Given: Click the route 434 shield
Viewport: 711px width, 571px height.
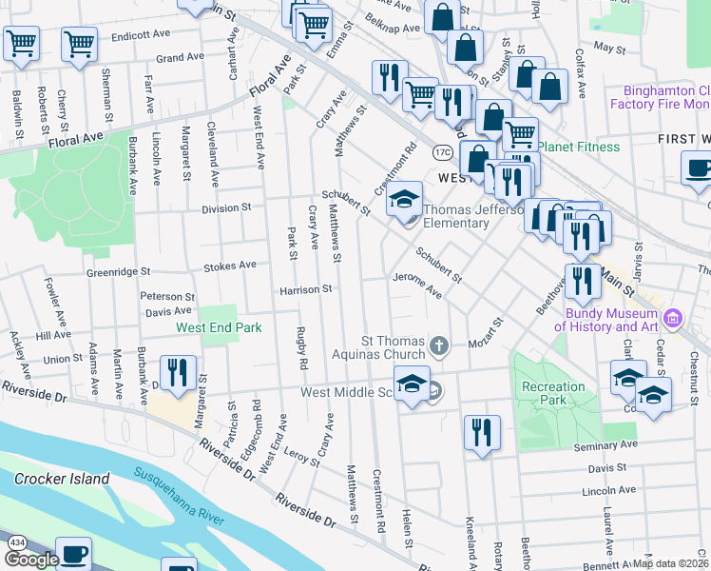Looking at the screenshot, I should coord(16,541).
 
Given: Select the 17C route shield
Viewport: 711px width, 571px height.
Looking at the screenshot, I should coord(442,152).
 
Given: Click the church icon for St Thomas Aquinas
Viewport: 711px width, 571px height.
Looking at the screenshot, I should coord(438,345).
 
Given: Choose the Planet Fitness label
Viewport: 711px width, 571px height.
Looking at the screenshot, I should coord(579,147).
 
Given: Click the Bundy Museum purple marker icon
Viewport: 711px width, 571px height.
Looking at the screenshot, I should coord(673,317).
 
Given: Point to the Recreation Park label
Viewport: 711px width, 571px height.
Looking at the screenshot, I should coord(552,393).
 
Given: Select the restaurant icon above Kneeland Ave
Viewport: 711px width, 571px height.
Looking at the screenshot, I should coord(482,433).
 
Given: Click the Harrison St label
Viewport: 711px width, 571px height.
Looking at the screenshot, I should coord(304,288).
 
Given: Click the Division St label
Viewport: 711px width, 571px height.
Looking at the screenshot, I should coord(226,207).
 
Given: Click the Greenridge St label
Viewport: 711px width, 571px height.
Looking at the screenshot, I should coord(120,272).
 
